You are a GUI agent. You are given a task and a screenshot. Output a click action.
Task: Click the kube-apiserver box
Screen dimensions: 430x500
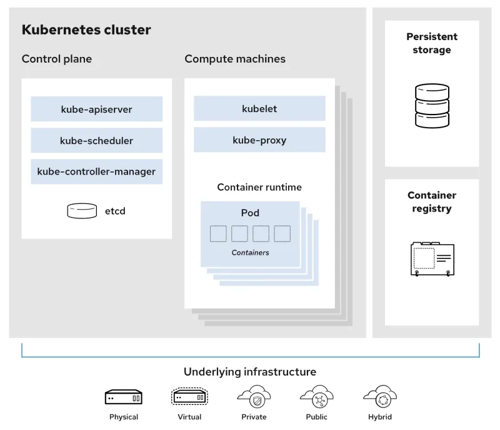click(96, 109)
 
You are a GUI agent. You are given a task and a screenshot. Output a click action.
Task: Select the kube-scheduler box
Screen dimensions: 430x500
click(96, 140)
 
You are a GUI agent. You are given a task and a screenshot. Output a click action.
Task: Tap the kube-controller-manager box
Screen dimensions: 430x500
click(96, 171)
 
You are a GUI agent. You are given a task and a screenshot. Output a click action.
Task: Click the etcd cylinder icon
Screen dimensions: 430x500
click(82, 211)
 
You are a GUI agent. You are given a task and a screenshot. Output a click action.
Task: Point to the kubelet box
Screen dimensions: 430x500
click(259, 108)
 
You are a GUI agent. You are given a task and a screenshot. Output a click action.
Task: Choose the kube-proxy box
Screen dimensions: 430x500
click(259, 140)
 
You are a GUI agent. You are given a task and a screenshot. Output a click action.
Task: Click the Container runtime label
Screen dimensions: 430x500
click(259, 187)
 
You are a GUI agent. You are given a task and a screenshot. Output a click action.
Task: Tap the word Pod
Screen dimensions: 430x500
click(250, 213)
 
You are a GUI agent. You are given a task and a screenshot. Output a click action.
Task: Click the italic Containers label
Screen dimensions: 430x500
click(250, 253)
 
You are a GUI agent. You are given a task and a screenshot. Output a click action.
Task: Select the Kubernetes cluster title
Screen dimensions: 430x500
click(86, 29)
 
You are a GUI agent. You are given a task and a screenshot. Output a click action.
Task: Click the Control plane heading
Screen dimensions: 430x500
click(57, 59)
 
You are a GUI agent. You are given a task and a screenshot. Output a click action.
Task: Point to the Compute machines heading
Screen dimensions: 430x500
click(235, 59)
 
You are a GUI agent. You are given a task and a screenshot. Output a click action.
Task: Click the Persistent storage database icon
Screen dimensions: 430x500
click(432, 106)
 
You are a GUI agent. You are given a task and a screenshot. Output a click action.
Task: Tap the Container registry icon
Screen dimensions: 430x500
click(432, 258)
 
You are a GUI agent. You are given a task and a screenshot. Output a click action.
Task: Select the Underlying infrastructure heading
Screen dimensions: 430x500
click(250, 372)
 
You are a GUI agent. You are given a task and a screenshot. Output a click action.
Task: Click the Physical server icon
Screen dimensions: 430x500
click(123, 397)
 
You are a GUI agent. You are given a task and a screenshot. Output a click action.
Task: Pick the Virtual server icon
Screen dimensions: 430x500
click(189, 397)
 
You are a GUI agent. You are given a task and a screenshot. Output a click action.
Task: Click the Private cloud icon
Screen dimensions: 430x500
click(254, 396)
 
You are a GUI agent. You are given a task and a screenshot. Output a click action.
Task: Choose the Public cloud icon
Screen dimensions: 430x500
click(317, 396)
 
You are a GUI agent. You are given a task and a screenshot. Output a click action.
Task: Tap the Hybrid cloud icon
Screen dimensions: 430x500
click(380, 396)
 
